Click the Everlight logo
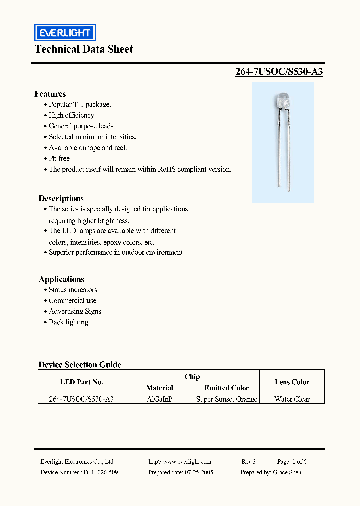pos(65,33)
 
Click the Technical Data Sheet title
pos(84,49)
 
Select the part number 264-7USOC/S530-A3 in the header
pos(279,71)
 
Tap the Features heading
pos(50,94)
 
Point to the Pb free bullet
pos(59,158)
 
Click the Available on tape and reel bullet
pos(88,148)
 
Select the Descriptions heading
pos(61,198)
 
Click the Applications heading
pos(61,279)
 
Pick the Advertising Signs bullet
pos(75,311)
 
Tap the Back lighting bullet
pos(69,322)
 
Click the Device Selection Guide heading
pos(80,365)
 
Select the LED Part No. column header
pos(81,382)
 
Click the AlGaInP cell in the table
pos(160,399)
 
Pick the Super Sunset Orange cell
pos(227,399)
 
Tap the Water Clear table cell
pos(292,399)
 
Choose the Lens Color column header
pos(292,382)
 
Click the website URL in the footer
pos(180,462)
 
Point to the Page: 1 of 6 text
pos(292,462)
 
